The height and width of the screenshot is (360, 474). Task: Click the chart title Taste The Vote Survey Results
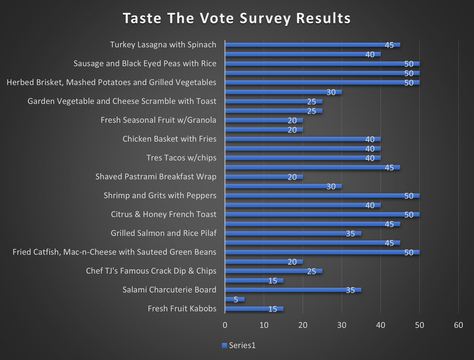pyautogui.click(x=236, y=18)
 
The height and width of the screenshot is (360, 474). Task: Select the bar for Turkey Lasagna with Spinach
pyautogui.click(x=312, y=45)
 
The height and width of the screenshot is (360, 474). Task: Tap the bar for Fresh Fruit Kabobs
pyautogui.click(x=254, y=309)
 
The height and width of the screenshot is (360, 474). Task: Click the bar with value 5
pyautogui.click(x=235, y=300)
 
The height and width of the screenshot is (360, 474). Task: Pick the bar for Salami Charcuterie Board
pyautogui.click(x=293, y=290)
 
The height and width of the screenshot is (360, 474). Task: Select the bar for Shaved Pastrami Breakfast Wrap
pyautogui.click(x=264, y=177)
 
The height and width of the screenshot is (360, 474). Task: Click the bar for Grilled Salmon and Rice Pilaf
pyautogui.click(x=293, y=234)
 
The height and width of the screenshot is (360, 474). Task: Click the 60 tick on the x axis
pyautogui.click(x=458, y=324)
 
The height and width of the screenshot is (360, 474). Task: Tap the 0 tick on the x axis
pyautogui.click(x=225, y=324)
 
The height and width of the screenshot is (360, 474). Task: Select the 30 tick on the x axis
pyautogui.click(x=342, y=324)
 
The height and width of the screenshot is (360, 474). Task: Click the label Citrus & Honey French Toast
pyautogui.click(x=156, y=214)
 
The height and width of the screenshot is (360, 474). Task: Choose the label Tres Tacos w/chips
pyautogui.click(x=181, y=158)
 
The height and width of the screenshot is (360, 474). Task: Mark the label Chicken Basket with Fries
pyautogui.click(x=169, y=139)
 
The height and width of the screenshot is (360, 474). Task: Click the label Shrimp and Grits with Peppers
pyautogui.click(x=160, y=195)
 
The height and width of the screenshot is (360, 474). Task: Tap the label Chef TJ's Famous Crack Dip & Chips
pyautogui.click(x=151, y=271)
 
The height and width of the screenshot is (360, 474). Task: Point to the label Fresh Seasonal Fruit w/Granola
pyautogui.click(x=158, y=120)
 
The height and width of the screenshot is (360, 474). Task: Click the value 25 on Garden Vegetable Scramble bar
pyautogui.click(x=311, y=102)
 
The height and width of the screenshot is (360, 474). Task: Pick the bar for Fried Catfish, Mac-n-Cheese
pyautogui.click(x=322, y=253)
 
